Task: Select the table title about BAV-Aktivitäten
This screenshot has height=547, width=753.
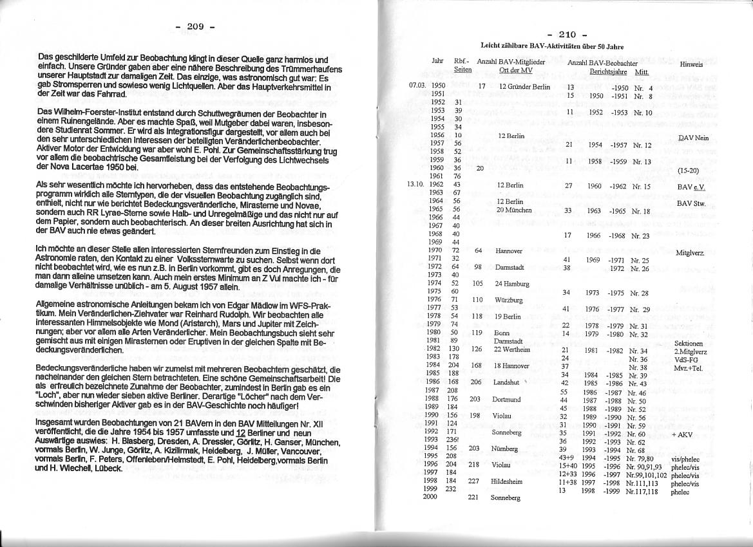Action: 552,46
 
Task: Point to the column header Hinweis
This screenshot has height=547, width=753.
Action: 691,64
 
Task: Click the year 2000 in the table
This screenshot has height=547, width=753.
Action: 430,497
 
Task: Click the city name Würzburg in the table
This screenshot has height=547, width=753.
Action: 508,300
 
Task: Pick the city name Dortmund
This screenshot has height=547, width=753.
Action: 506,399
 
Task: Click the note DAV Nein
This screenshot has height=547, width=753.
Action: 693,138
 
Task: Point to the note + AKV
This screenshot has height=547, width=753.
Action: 682,434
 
